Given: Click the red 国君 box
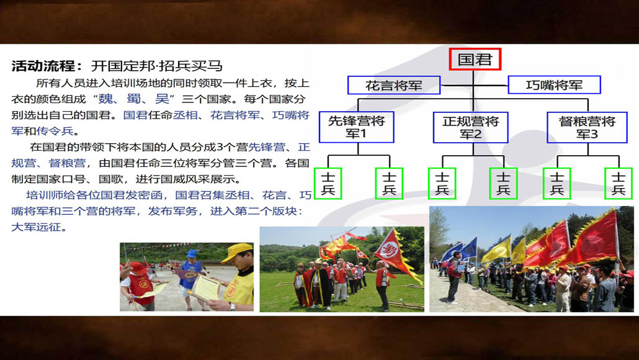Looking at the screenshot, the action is pos(475,60).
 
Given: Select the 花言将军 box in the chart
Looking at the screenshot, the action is pos(394,85).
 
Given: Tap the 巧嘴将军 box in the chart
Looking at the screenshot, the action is pos(554,85).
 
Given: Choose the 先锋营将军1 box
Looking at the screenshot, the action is pos(357,127).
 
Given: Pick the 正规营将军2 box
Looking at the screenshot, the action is pos(471,127).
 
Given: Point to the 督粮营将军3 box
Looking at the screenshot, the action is pos(588,127).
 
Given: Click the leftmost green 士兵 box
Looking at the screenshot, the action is pos(328,184).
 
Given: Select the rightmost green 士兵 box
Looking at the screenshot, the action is pos(618,184).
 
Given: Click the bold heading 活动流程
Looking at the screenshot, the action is pos(43,66).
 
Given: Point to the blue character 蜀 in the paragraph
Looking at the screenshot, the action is pos(133,99).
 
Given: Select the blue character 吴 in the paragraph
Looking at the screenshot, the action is pos(162,99).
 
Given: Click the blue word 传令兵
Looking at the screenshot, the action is pos(55,131).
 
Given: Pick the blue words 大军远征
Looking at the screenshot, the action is pos(36,227).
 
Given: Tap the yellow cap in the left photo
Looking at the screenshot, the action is pos(237,251).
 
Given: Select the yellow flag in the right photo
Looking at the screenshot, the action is pos(496,250).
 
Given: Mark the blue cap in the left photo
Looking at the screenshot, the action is pos(192,254).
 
